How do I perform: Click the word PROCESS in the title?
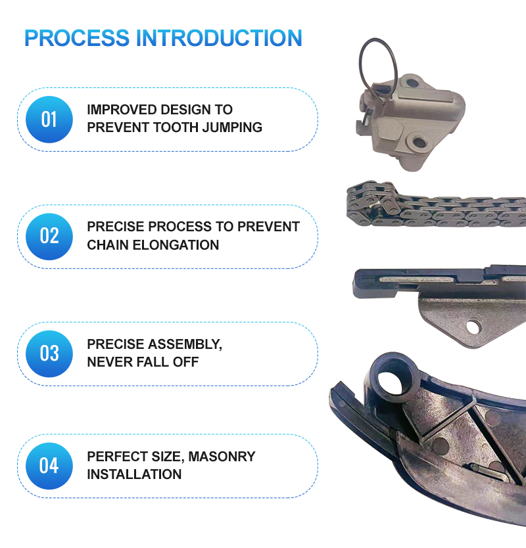pyautogui.click(x=77, y=37)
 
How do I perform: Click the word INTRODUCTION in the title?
pyautogui.click(x=219, y=37)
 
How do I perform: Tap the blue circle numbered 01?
pyautogui.click(x=49, y=120)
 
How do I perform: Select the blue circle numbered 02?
pyautogui.click(x=49, y=237)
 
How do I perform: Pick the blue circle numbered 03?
pyautogui.click(x=49, y=354)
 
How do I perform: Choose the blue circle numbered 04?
pyautogui.click(x=49, y=466)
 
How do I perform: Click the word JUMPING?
pyautogui.click(x=232, y=127)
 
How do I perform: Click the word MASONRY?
pyautogui.click(x=222, y=457)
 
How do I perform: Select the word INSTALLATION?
pyautogui.click(x=134, y=474)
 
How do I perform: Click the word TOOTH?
pyautogui.click(x=176, y=127)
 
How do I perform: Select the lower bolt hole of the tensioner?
pyautogui.click(x=419, y=142)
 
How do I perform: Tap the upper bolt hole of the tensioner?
pyautogui.click(x=413, y=83)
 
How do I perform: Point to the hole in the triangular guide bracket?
pyautogui.click(x=472, y=327)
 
